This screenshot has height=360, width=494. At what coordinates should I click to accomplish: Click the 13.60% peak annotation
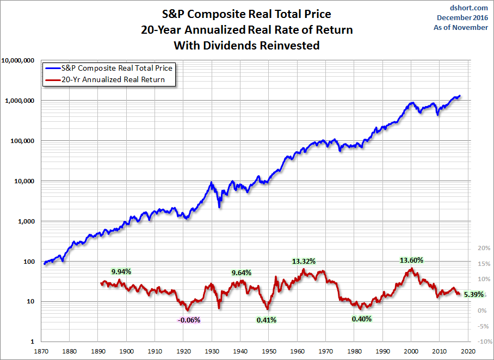pos(411,260)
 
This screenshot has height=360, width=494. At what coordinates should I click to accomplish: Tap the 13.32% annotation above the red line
pos(304,261)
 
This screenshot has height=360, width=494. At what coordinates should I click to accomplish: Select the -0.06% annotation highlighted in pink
pos(189,320)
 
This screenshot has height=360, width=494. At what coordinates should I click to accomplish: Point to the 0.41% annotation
pos(267,320)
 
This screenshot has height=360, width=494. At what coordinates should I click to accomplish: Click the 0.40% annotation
pos(362,319)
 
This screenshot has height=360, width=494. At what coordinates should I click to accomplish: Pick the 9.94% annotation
pos(121,271)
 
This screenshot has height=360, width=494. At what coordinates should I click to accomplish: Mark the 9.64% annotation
pos(242,273)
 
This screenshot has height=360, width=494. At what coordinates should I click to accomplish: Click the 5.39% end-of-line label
pos(474,295)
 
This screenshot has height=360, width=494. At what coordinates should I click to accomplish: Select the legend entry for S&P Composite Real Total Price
pos(109,68)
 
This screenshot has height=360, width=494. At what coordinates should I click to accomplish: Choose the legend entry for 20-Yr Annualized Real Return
pos(105,79)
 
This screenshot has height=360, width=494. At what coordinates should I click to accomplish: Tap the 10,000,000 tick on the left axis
pos(18,60)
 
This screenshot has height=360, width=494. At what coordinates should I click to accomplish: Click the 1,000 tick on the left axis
pos(26,221)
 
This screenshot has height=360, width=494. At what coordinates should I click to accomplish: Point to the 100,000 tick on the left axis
pos(22,141)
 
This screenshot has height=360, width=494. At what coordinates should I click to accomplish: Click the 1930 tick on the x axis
pos(212,351)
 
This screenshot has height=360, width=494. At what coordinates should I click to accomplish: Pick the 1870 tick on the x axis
pos(41,351)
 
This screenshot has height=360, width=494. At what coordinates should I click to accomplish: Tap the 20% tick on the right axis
pos(484,248)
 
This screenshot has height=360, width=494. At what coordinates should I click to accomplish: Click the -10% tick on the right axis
pos(485,342)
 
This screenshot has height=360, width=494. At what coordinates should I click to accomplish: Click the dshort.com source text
pos(469,8)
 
